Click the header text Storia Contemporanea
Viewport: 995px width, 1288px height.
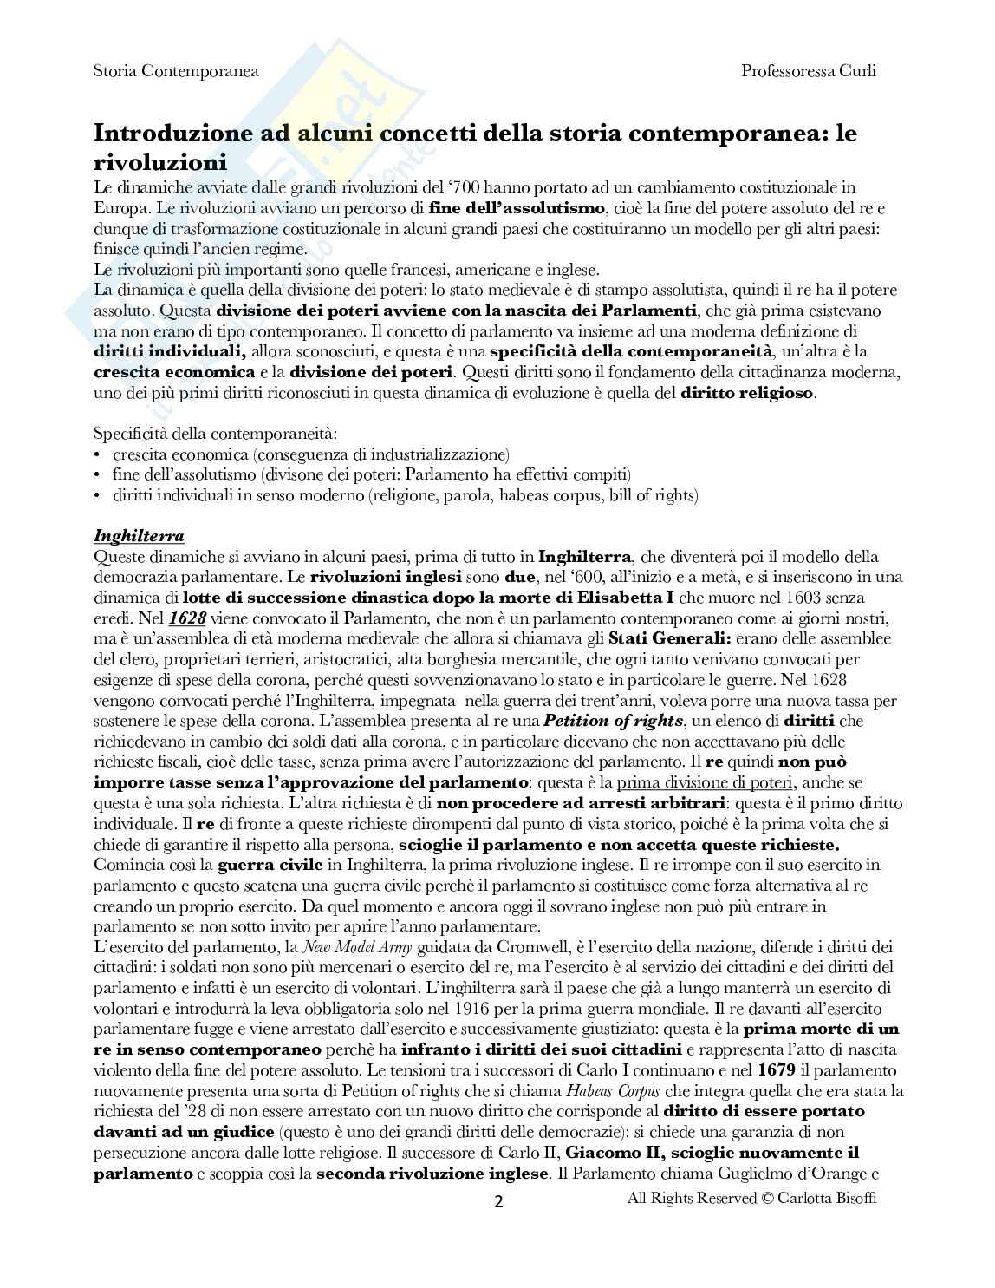(176, 71)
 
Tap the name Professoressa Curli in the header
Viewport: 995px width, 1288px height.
(809, 71)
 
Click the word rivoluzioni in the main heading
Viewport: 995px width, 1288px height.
(160, 161)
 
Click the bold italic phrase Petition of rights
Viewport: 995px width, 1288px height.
(617, 721)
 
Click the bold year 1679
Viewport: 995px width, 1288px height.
(775, 1069)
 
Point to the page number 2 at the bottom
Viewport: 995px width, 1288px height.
(498, 1202)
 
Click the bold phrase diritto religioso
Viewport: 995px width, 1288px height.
(747, 393)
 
